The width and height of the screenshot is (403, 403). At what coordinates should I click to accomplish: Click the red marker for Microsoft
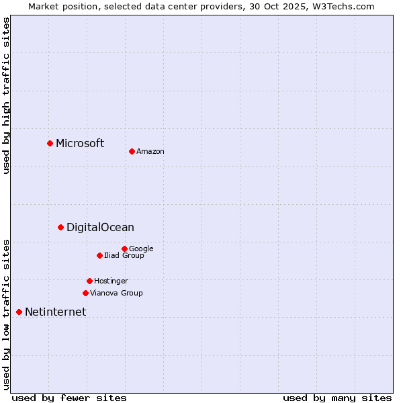coord(50,143)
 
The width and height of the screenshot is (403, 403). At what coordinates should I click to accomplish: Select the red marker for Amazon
coord(132,151)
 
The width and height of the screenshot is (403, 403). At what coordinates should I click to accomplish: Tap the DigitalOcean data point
coord(60,227)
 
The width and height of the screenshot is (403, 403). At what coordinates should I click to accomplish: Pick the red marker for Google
coord(124,249)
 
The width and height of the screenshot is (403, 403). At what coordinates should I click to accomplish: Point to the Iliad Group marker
coord(99,255)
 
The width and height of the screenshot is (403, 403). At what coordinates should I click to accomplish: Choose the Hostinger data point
coord(89,281)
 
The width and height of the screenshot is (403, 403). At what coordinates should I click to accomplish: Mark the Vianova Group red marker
coord(85,293)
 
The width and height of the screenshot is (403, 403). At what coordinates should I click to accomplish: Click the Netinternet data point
coord(19,312)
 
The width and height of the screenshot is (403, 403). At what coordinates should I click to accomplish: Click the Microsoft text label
coord(80,143)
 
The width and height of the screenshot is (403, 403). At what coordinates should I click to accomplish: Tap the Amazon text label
coord(150,152)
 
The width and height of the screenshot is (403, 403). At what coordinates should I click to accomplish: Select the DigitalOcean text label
coord(100,228)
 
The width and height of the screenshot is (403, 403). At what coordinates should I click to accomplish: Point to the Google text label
coord(141,249)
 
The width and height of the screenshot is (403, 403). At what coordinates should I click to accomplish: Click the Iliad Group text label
coord(124,255)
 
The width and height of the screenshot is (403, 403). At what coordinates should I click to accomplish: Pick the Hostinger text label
coord(111,281)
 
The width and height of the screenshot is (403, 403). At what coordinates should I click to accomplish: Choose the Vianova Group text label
coord(116,293)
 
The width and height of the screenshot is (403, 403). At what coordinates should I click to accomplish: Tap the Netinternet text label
coord(55,312)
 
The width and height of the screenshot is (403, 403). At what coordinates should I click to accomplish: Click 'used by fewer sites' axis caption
coord(69,398)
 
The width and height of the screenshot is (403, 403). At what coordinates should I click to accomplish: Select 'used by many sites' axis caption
coord(337,398)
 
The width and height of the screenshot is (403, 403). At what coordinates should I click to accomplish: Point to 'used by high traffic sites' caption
coord(6,95)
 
